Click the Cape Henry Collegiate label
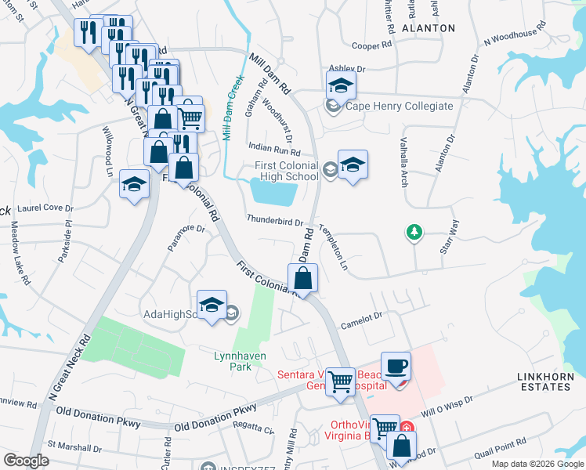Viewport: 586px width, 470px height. pos(400,107)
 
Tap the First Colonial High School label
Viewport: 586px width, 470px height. pos(287,171)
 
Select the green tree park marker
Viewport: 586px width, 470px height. pos(414,232)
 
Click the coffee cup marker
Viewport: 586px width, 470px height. pos(396,366)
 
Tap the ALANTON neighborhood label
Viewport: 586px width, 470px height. pos(428,27)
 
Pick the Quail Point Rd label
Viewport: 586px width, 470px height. pos(508,442)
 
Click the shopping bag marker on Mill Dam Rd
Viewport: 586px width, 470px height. pos(302,278)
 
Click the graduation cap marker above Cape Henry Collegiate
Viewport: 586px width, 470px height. pos(342,85)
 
